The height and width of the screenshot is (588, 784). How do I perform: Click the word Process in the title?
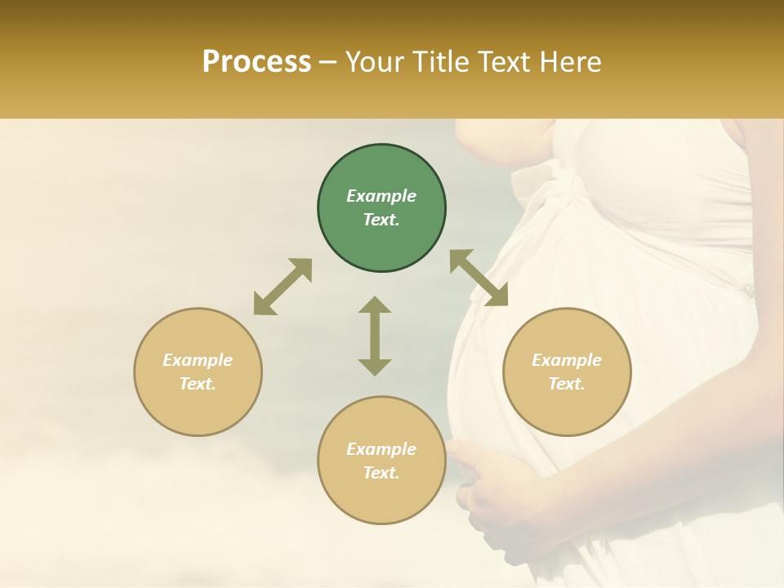(256, 62)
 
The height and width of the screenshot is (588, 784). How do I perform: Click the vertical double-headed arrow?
(375, 336)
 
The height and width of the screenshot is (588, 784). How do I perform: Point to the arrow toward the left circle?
(283, 287)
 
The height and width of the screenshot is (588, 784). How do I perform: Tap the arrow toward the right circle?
(479, 278)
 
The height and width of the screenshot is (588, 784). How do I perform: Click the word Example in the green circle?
(381, 196)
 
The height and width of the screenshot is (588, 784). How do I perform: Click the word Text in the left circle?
(198, 384)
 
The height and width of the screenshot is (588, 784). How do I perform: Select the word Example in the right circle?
(567, 360)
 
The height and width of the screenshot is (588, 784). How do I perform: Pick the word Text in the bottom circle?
(381, 473)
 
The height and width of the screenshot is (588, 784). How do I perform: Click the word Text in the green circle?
(381, 220)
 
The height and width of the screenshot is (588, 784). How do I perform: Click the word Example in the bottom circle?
(381, 449)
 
